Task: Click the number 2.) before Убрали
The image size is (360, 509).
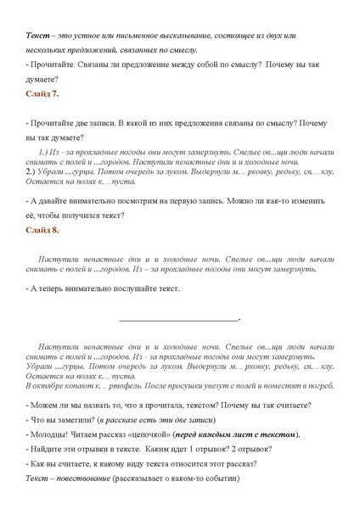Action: coord(33,171)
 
